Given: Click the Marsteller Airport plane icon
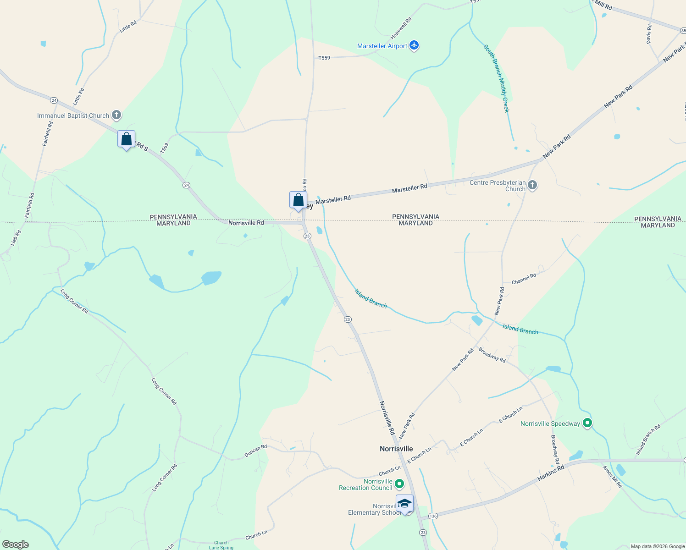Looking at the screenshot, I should [414, 45].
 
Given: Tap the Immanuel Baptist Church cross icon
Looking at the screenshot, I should [116, 115].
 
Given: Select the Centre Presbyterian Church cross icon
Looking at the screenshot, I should [532, 185].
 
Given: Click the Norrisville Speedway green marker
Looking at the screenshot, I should [587, 423].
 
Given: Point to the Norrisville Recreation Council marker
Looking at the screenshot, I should [399, 484].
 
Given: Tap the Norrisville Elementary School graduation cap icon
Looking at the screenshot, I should [404, 504].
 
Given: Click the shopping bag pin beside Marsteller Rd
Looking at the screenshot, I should [298, 200].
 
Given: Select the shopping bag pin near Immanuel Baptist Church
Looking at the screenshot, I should [126, 139].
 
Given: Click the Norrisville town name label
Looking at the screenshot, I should [396, 449].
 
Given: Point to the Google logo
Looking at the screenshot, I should [16, 544].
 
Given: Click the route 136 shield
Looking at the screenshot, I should [433, 516].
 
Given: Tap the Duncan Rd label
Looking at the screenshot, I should [255, 451].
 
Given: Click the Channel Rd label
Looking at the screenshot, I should [524, 279].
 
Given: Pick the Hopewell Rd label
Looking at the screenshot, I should [401, 28].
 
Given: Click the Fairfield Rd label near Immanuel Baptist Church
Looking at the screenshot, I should [48, 133].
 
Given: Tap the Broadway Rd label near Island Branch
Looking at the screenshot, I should [492, 355].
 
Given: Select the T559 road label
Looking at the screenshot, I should [324, 58].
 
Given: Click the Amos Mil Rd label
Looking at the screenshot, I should [612, 477].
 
